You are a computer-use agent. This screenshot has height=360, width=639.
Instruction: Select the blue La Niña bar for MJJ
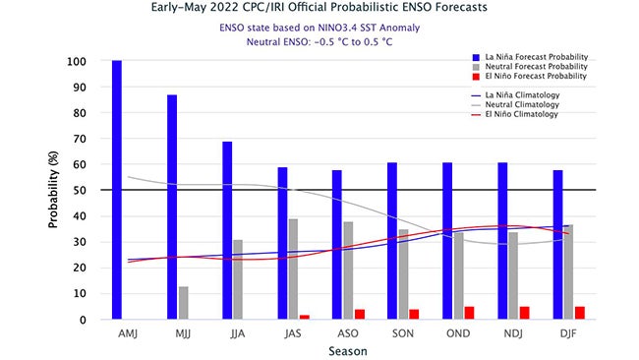click(x=172, y=207)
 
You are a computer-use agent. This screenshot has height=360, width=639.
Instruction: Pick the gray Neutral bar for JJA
click(x=238, y=279)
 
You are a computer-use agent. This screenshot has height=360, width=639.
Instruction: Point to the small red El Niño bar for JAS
click(x=305, y=317)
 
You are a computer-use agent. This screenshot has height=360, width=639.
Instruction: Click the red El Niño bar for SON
click(x=415, y=314)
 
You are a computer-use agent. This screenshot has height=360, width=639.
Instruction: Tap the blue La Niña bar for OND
click(x=447, y=240)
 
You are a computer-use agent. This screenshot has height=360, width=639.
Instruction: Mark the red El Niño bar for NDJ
click(x=525, y=313)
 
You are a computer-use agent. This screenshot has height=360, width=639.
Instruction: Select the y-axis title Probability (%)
click(x=54, y=190)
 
